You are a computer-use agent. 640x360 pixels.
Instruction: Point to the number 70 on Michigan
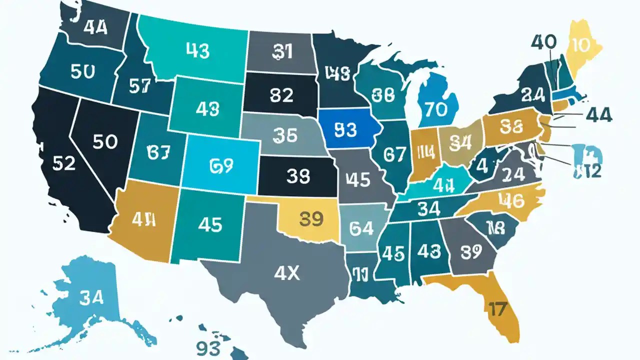[437, 109]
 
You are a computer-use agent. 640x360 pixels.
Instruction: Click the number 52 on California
[63, 162]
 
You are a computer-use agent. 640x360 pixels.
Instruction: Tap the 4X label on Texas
[287, 272]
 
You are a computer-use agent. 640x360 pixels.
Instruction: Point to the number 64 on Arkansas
[361, 228]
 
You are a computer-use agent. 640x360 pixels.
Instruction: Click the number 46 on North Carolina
[511, 201]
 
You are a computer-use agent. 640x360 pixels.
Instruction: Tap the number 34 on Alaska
[90, 298]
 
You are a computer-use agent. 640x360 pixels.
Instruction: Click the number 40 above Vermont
[544, 42]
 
